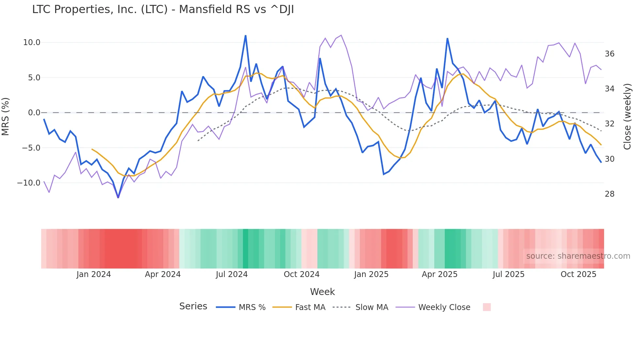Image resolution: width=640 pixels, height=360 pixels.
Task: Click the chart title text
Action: click(x=163, y=9)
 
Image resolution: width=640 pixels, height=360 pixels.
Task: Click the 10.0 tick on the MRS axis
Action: click(x=32, y=42)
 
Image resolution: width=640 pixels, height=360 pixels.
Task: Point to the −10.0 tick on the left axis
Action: click(x=29, y=183)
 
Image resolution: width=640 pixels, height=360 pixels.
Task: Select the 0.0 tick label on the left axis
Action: click(x=34, y=113)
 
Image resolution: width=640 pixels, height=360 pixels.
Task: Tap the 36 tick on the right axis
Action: click(x=609, y=54)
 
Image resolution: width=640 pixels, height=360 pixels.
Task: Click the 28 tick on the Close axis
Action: click(x=609, y=194)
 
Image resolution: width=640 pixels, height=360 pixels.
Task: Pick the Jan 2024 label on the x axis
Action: click(x=94, y=274)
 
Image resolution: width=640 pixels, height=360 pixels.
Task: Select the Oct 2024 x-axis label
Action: click(x=301, y=274)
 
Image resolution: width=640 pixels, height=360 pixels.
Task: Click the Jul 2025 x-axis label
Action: click(x=508, y=274)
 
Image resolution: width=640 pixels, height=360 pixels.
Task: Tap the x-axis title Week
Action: click(x=322, y=292)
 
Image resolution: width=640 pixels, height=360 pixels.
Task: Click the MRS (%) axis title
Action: click(x=6, y=117)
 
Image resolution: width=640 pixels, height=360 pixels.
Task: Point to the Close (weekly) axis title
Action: click(x=627, y=117)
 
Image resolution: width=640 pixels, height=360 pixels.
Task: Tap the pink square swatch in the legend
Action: click(x=487, y=307)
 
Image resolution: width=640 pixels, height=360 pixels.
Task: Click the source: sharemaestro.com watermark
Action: click(x=578, y=256)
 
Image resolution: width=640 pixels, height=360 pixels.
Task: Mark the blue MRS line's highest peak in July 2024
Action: click(x=246, y=36)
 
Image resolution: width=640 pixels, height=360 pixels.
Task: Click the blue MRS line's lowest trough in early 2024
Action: click(x=118, y=197)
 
